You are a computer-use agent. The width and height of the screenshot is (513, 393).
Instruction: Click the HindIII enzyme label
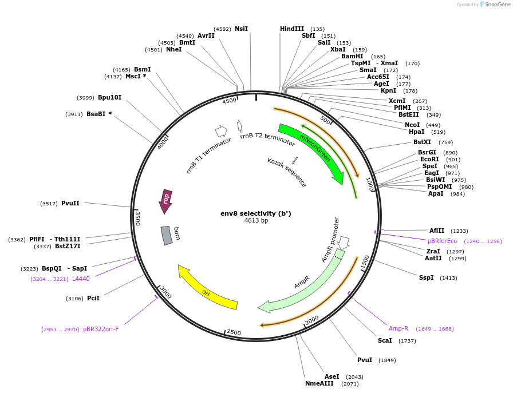[x=292, y=29]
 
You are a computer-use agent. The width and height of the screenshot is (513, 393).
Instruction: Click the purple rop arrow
[x=165, y=201]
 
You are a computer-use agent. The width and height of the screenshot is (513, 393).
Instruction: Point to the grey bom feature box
[x=167, y=235]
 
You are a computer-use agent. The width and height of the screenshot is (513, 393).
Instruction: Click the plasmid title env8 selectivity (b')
[x=256, y=213]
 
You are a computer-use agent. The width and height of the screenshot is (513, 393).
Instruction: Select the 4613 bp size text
[x=256, y=221]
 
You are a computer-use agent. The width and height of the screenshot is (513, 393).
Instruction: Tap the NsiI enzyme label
[x=241, y=29]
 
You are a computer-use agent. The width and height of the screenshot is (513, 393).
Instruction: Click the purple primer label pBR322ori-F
[x=101, y=329]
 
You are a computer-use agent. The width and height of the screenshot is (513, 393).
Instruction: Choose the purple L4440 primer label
[x=81, y=279]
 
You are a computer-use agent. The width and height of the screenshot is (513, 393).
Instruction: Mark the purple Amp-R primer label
[x=398, y=328]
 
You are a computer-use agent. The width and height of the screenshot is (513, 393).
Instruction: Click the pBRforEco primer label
[x=443, y=241]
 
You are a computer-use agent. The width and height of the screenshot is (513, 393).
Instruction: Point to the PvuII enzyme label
[x=70, y=203]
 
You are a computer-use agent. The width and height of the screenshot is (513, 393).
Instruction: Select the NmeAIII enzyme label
[x=319, y=383]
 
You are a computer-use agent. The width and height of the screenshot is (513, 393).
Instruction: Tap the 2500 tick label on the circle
[x=234, y=332]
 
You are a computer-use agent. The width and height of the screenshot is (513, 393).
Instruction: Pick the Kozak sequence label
[x=287, y=172]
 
